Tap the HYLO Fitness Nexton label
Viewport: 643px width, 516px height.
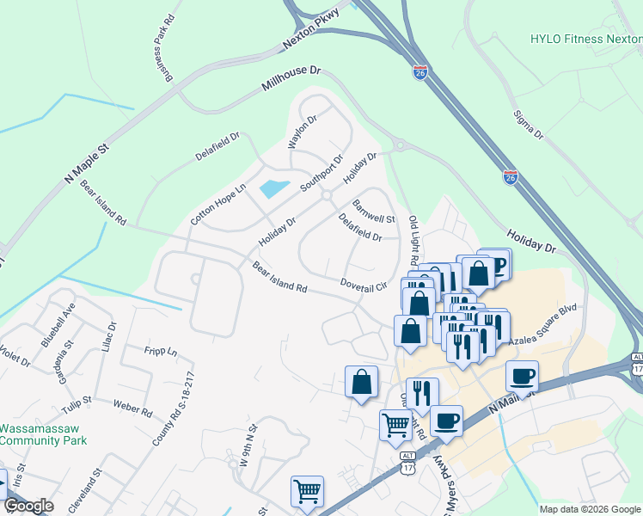pyautogui.click(x=585, y=39)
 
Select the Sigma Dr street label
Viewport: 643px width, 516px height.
pyautogui.click(x=528, y=124)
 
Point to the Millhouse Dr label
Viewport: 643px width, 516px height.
pyautogui.click(x=290, y=77)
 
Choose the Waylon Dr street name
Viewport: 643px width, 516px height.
pyautogui.click(x=303, y=132)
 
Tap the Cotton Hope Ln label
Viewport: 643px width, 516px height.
pyautogui.click(x=217, y=203)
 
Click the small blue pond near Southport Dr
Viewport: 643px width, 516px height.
pyautogui.click(x=273, y=188)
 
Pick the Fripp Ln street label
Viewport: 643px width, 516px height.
pyautogui.click(x=160, y=352)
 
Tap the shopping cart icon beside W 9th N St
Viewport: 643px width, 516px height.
pyautogui.click(x=307, y=492)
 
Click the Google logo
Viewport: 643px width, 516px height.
pyautogui.click(x=28, y=506)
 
